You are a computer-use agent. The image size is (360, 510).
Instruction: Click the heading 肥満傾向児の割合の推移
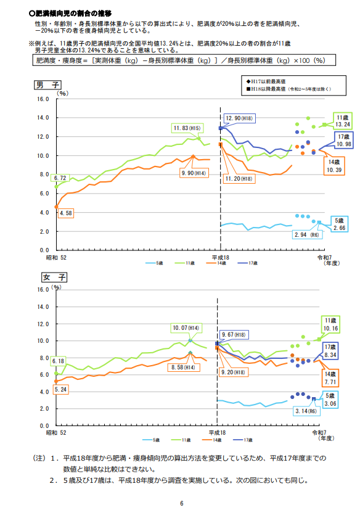click(72, 12)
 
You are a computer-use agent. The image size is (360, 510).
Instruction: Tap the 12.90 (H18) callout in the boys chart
click(239, 118)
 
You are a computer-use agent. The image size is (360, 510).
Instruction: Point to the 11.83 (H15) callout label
click(188, 128)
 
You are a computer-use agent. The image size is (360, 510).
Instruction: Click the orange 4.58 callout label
click(66, 213)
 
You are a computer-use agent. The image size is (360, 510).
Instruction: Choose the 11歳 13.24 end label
click(343, 120)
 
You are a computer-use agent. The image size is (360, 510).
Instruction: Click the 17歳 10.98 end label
click(343, 140)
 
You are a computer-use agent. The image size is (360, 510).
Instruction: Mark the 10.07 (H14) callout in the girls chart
click(187, 328)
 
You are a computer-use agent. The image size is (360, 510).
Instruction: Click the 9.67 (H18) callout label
click(234, 334)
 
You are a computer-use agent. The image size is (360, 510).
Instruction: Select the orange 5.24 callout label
click(60, 390)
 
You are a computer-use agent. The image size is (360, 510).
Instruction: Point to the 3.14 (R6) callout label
click(306, 411)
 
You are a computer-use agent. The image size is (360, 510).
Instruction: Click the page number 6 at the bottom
click(182, 503)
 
